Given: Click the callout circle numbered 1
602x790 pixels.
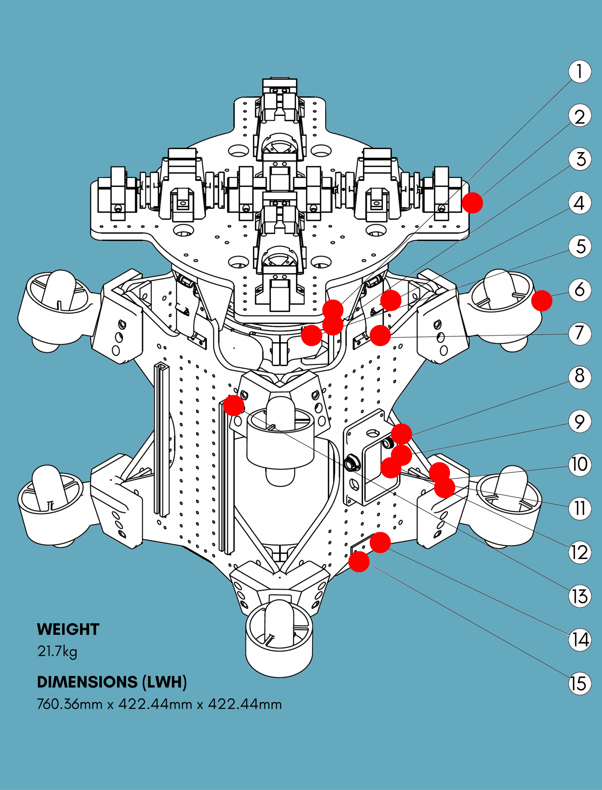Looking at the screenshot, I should pos(579,72).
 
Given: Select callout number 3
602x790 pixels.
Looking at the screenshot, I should pos(579,159).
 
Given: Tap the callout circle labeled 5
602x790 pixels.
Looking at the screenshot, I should pos(579,247).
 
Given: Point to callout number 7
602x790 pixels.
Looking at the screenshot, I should pos(579,333).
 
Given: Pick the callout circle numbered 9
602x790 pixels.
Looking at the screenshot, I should pos(579,421).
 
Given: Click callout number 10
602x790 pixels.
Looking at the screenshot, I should pos(579,465).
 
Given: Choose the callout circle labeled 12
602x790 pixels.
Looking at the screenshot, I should pos(579,552).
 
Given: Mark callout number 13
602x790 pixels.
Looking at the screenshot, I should pos(579,596).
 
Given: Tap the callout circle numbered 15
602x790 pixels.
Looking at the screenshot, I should pos(579,683).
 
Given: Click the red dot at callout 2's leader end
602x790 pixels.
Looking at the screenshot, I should pos(472,203).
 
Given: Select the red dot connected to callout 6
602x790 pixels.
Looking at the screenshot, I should pos(542,301).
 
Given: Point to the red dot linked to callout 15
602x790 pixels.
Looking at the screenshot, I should pos(359,562).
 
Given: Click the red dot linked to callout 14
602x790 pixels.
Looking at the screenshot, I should pos(380,542).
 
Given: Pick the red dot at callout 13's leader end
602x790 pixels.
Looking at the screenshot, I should pos(234,405).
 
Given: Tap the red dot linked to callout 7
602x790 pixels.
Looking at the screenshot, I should pos(380,335).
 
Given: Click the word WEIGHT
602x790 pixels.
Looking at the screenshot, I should pos(68,629).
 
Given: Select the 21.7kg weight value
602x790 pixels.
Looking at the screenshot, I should pos(57,651).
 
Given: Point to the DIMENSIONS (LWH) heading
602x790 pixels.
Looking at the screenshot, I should pos(112,682).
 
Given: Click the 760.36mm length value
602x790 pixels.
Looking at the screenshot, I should pos(70,704).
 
